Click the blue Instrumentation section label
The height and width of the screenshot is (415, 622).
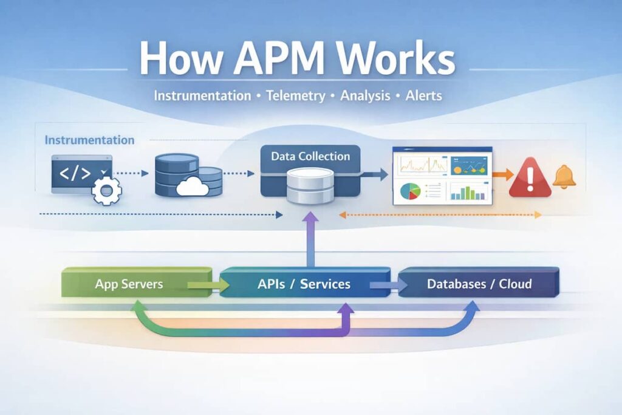89,140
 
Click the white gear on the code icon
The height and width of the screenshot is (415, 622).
107,191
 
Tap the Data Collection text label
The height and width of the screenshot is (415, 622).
310,157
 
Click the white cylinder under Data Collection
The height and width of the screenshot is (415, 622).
310,185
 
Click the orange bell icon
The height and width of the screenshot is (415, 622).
565,176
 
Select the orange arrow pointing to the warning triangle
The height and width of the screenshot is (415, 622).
502,175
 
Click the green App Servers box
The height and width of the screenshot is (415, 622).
129,284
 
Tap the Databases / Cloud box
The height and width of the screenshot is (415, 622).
479,284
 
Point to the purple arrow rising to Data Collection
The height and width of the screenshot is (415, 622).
310,240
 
